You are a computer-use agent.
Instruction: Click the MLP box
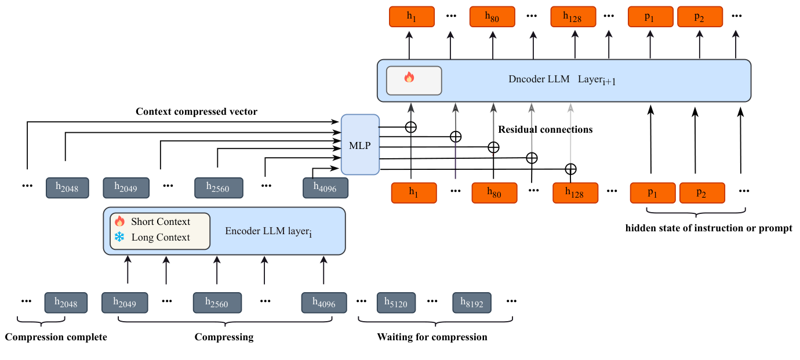[360, 144]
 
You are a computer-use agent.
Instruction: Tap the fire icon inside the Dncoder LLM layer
[409, 78]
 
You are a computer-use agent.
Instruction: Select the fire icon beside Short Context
[119, 221]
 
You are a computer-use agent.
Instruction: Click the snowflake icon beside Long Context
[119, 237]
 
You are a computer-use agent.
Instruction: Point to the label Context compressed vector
[196, 111]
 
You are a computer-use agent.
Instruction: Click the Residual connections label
[545, 129]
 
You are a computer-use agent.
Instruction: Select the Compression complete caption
[56, 337]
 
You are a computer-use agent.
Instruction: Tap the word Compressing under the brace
[224, 337]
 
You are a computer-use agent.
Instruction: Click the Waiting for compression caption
[432, 337]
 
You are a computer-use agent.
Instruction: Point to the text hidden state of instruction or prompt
[708, 228]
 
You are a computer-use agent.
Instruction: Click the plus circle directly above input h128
[570, 169]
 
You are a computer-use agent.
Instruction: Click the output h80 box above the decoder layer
[492, 16]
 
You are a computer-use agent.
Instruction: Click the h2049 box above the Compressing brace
[125, 303]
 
